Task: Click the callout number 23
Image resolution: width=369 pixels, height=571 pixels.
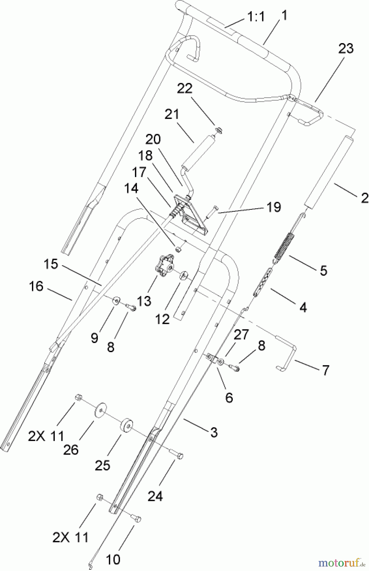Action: (x=346, y=49)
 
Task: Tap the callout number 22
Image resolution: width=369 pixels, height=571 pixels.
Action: (x=184, y=89)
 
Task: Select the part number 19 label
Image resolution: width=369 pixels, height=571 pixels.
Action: (x=274, y=207)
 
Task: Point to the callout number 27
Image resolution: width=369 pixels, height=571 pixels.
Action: (x=241, y=335)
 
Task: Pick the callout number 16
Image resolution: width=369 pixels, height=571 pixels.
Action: (x=36, y=286)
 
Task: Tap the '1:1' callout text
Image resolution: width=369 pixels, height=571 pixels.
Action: (x=256, y=16)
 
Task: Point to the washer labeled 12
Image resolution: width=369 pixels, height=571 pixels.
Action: (x=184, y=276)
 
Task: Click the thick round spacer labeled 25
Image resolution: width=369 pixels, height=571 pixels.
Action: (x=126, y=424)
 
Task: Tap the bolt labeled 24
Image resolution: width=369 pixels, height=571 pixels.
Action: (x=177, y=454)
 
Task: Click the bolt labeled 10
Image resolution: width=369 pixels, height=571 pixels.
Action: (x=136, y=518)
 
